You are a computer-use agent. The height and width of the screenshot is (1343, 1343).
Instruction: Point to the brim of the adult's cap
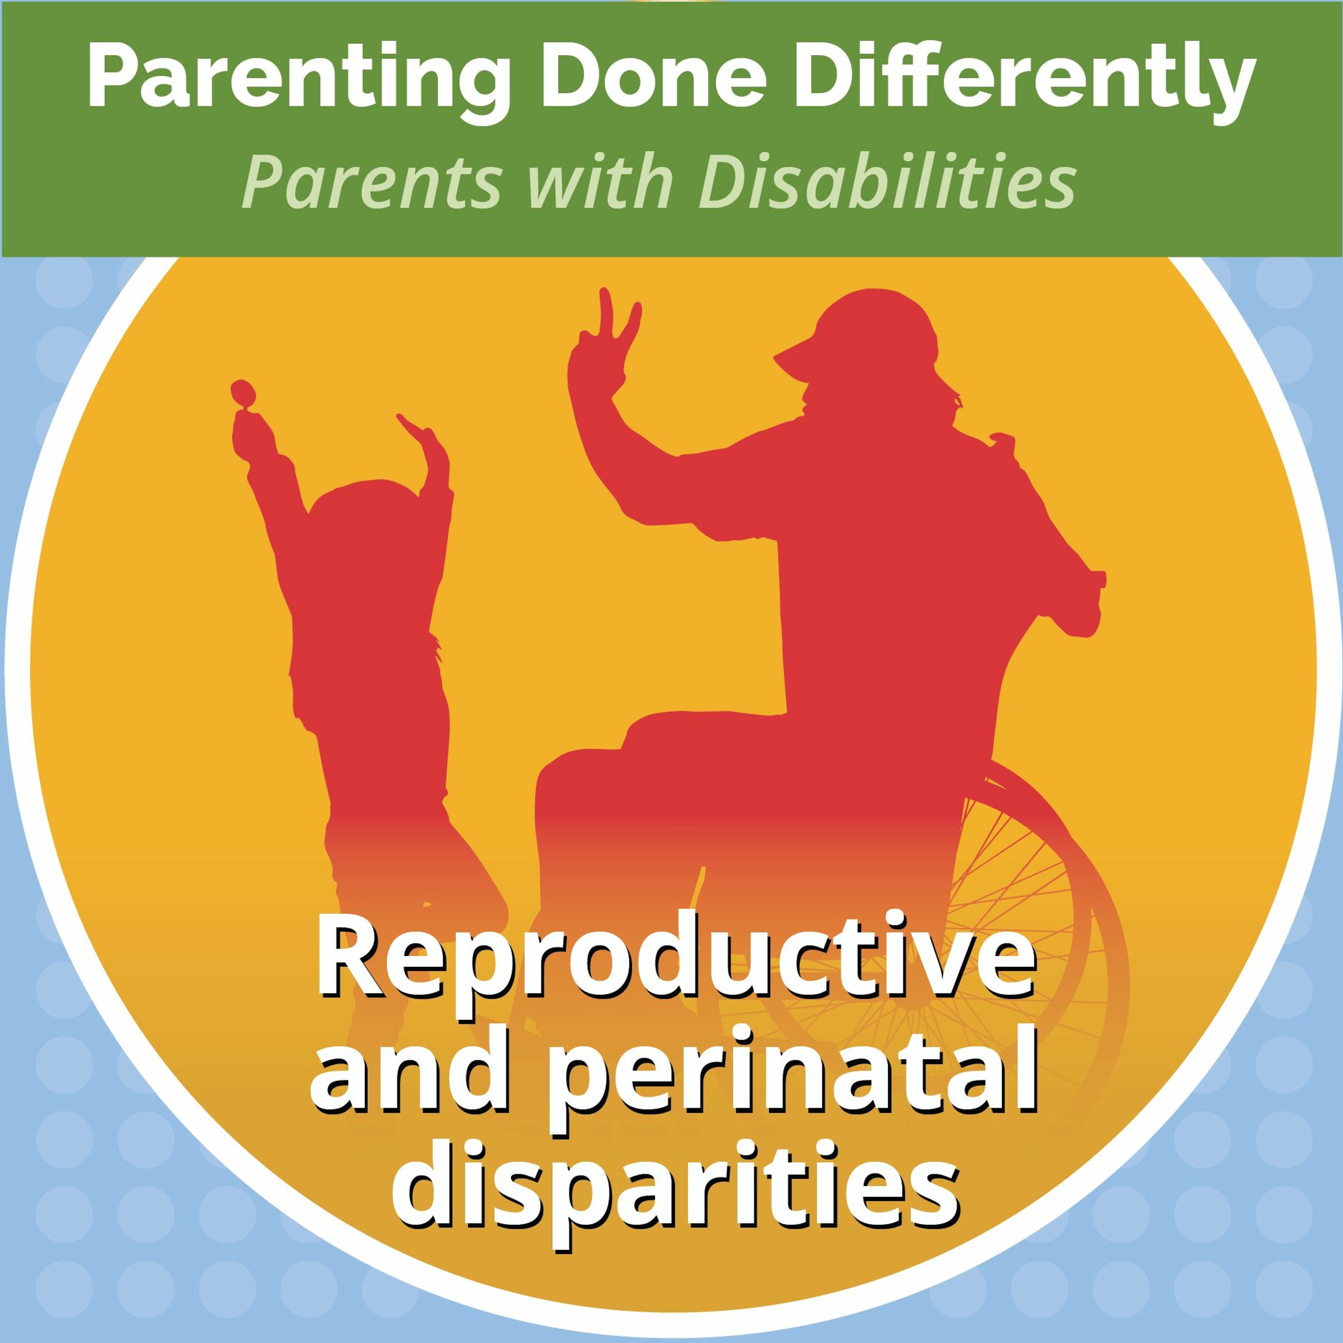pyautogui.click(x=800, y=359)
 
